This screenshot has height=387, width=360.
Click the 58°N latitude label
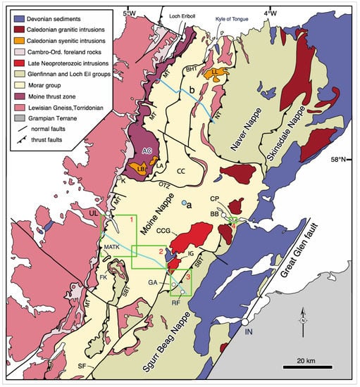(342, 160)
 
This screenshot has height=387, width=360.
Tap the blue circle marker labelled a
(184, 203)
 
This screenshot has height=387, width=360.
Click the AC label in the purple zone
(147, 151)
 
